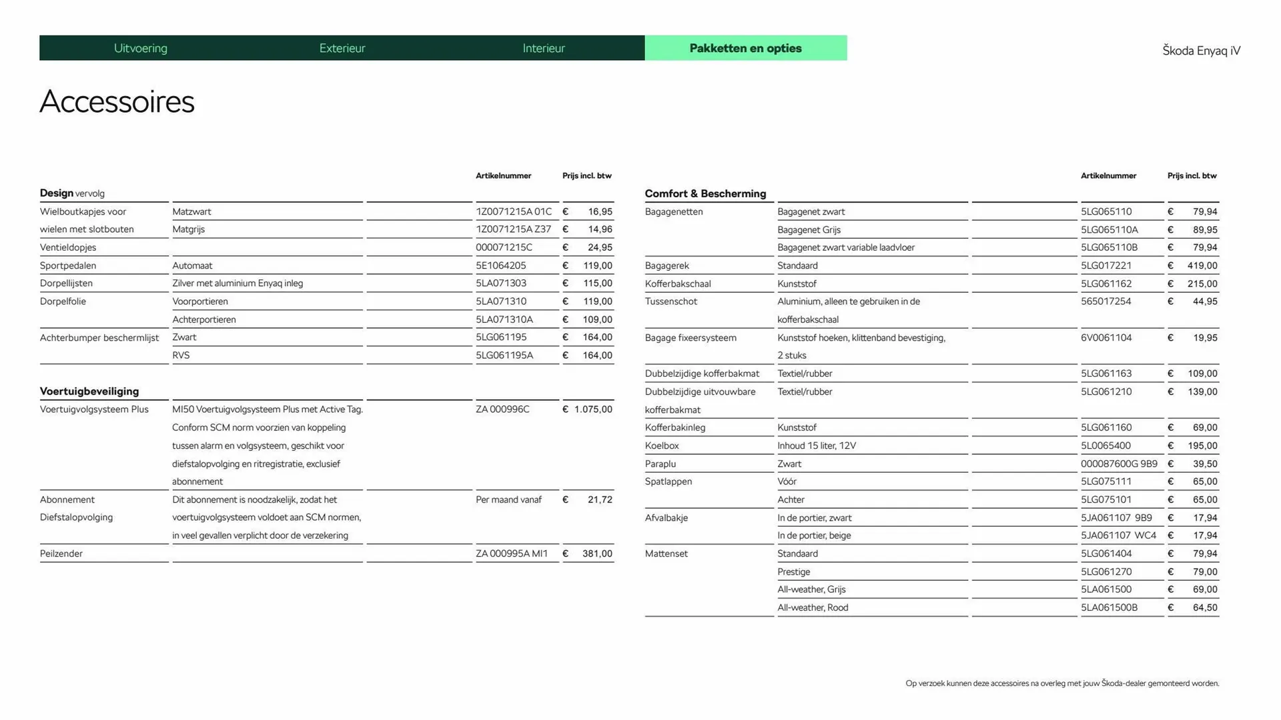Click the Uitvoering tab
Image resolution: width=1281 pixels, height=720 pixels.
[x=141, y=48]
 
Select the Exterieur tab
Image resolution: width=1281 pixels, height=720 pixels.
[x=342, y=48]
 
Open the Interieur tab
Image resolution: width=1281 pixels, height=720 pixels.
[x=544, y=48]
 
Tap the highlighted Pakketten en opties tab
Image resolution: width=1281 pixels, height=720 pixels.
[x=745, y=48]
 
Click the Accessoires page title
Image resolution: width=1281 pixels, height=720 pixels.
[x=117, y=102]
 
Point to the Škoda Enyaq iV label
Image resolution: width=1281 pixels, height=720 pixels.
[x=1201, y=51]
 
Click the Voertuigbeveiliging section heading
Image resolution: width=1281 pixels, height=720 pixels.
[x=89, y=391]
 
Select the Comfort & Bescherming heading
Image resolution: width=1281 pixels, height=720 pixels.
[x=705, y=193]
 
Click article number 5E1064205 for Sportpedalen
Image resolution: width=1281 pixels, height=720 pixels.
[x=501, y=265]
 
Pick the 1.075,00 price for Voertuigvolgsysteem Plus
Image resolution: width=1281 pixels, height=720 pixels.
[x=592, y=409]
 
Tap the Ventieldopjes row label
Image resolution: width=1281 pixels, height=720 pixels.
[x=68, y=247]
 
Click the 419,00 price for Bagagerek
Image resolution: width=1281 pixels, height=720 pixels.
[x=1202, y=265]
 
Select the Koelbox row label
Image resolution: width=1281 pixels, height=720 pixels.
[x=662, y=445]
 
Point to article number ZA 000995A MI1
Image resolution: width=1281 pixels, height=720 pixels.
[x=512, y=553]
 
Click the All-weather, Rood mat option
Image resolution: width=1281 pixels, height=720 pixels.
[x=813, y=607]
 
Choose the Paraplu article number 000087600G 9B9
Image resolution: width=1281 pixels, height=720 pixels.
[x=1119, y=463]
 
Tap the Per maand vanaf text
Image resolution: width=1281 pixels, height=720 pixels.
[x=508, y=499]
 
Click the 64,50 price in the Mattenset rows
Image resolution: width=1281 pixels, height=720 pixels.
[x=1205, y=607]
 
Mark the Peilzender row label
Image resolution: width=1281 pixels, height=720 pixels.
[x=61, y=553]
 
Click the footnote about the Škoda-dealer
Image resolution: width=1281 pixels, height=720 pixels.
[x=1062, y=683]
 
